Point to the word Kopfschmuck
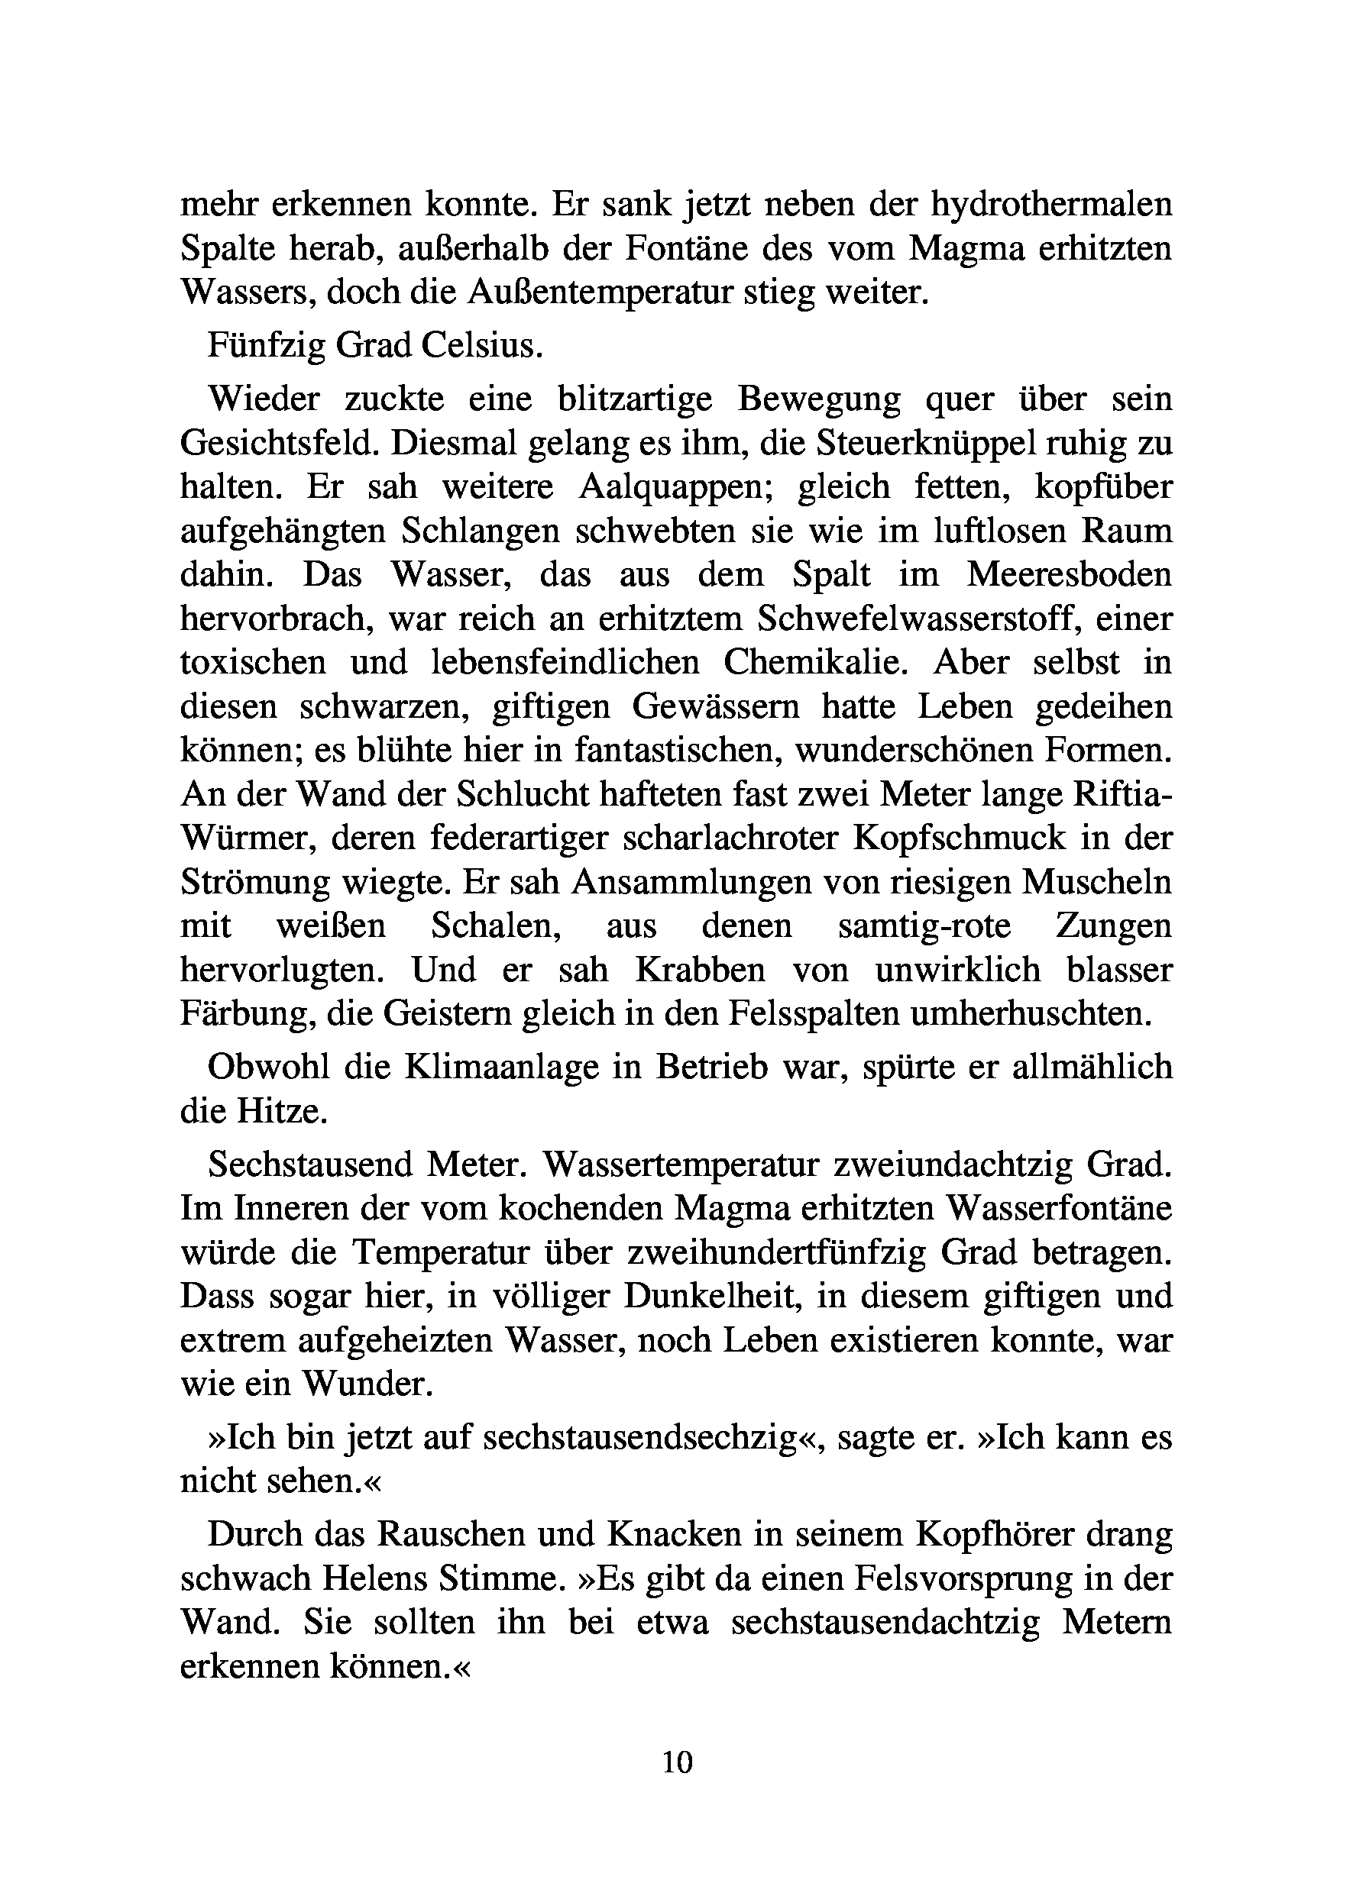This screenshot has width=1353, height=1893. (x=959, y=838)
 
